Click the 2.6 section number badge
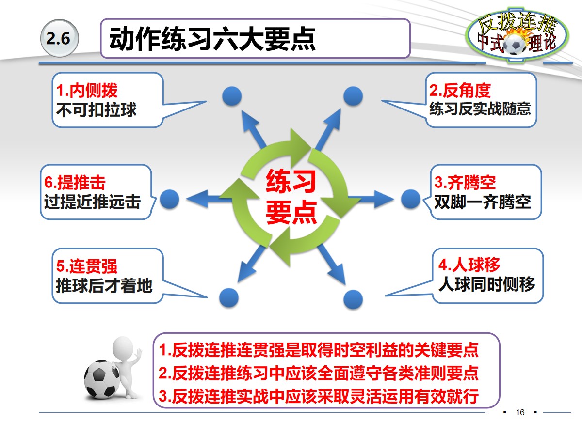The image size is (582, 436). pos(59,39)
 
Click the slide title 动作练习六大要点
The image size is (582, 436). pos(212,39)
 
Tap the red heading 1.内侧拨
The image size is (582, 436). pos(87,91)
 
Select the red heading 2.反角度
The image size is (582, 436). pos(460,91)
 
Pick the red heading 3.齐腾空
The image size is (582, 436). pos(465,183)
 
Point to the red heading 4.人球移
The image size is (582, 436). pos(469,265)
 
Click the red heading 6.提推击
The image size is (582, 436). pos(75,183)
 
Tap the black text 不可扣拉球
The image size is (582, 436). pos(97,109)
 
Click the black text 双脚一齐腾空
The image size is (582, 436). pos(483,201)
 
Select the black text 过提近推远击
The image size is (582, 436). pos(92,201)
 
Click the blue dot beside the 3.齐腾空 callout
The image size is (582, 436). pos(411,199)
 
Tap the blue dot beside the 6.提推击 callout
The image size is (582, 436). pos(170,199)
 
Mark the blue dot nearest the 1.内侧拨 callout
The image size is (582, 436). pos(231,96)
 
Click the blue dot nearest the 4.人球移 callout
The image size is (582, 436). pos(353,299)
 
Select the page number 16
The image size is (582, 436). pos(520,412)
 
